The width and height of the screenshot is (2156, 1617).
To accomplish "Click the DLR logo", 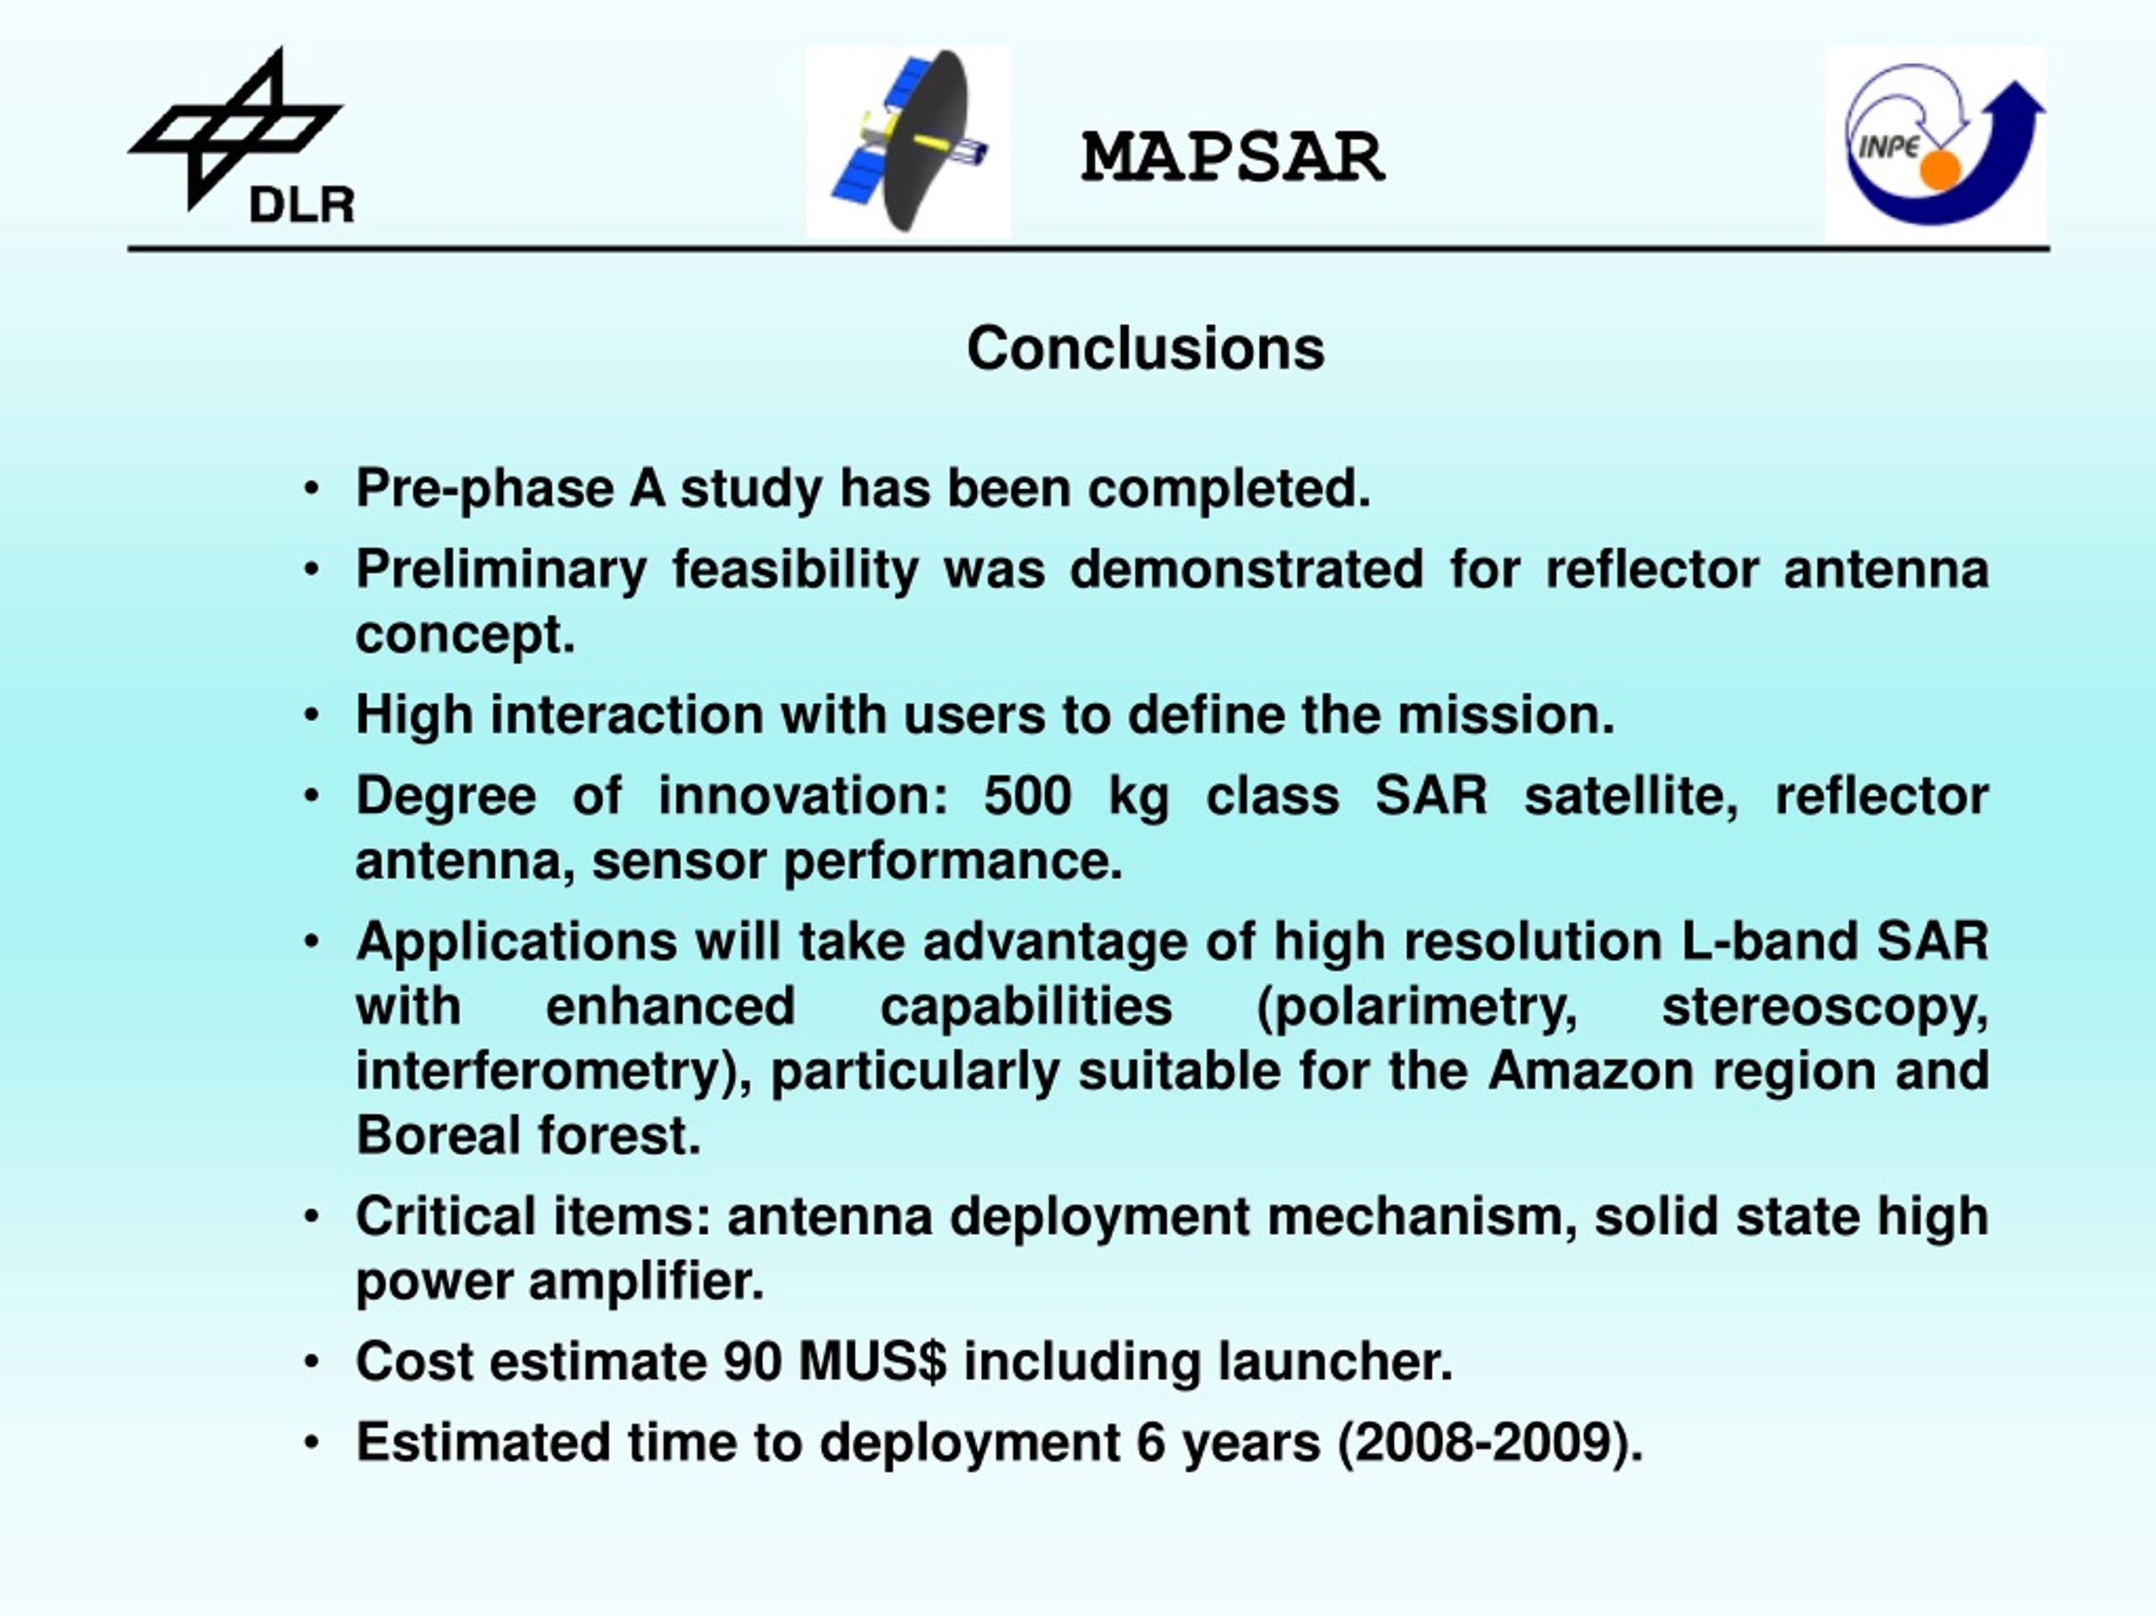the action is [241, 136].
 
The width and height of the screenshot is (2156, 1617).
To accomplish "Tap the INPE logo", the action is [1937, 143].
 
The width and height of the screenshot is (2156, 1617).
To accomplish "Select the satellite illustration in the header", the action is [909, 142].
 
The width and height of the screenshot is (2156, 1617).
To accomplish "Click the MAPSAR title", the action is [1233, 157].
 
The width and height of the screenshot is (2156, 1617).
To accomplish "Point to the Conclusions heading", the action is [1145, 348].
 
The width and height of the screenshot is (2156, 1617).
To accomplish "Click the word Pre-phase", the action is [484, 488].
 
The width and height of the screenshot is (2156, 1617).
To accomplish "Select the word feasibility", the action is [795, 569].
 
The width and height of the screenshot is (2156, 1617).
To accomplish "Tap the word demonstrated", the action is [1246, 569].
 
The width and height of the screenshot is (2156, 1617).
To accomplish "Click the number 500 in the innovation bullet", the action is [1027, 797].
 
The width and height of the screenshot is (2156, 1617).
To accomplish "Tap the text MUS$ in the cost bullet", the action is [873, 1362].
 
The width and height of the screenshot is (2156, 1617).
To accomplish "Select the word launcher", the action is [1336, 1362].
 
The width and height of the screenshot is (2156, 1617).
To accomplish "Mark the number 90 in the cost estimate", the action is [752, 1362].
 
